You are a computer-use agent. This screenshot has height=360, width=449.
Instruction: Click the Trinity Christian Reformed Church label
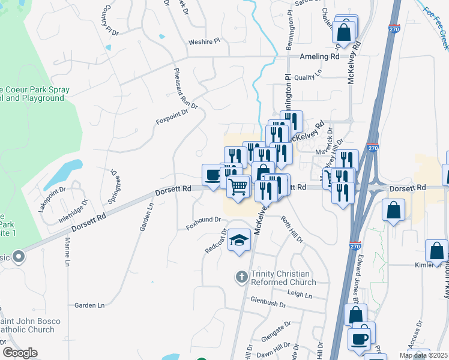pyautogui.click(x=283, y=277)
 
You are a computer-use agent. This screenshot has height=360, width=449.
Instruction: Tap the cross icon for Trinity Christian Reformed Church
pyautogui.click(x=241, y=277)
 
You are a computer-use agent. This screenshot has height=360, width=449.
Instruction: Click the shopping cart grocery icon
pyautogui.click(x=238, y=187)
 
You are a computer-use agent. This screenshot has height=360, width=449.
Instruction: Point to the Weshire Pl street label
pyautogui.click(x=205, y=42)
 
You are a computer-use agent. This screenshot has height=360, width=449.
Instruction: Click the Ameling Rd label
pyautogui.click(x=319, y=56)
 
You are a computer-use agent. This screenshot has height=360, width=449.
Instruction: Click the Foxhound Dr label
pyautogui.click(x=204, y=220)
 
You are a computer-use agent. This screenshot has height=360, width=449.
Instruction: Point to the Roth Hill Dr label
pyautogui.click(x=292, y=230)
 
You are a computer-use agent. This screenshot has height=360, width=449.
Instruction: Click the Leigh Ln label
pyautogui.click(x=300, y=295)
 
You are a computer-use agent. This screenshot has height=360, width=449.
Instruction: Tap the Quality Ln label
pyautogui.click(x=308, y=77)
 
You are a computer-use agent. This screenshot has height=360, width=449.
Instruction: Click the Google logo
pyautogui.click(x=20, y=353)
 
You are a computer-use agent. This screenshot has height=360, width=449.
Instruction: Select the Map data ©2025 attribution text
pyautogui.click(x=424, y=355)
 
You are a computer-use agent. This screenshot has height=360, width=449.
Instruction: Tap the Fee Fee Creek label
pyautogui.click(x=436, y=20)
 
